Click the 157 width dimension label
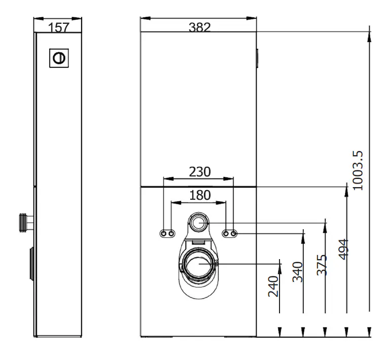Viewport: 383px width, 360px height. (x=59, y=27)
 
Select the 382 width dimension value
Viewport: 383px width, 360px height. (x=199, y=27)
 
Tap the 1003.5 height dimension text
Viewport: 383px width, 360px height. (x=358, y=170)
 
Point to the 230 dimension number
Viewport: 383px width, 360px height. (x=199, y=172)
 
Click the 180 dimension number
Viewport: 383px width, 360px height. (x=199, y=195)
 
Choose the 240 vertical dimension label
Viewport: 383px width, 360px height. (x=273, y=286)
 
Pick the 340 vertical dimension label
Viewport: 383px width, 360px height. (x=297, y=271)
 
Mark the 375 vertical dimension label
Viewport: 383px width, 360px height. (x=321, y=265)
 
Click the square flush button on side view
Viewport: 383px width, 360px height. (x=58, y=58)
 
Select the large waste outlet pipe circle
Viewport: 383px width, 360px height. (x=199, y=263)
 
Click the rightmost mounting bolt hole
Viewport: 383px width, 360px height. (x=234, y=233)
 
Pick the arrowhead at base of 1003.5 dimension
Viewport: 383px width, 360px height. (x=369, y=332)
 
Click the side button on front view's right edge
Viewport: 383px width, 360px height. (x=258, y=58)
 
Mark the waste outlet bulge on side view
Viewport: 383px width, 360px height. (x=32, y=264)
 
